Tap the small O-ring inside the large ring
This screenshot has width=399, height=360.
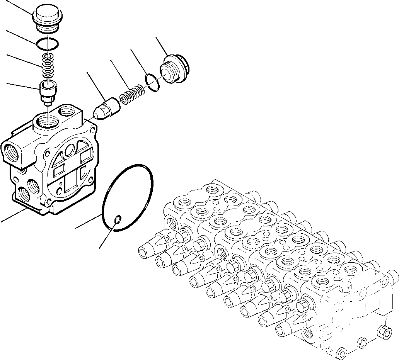(118, 220)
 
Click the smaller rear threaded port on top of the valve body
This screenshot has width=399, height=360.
(70, 112)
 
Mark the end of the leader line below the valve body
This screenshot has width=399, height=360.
(1, 222)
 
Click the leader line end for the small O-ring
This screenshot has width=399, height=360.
(100, 247)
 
